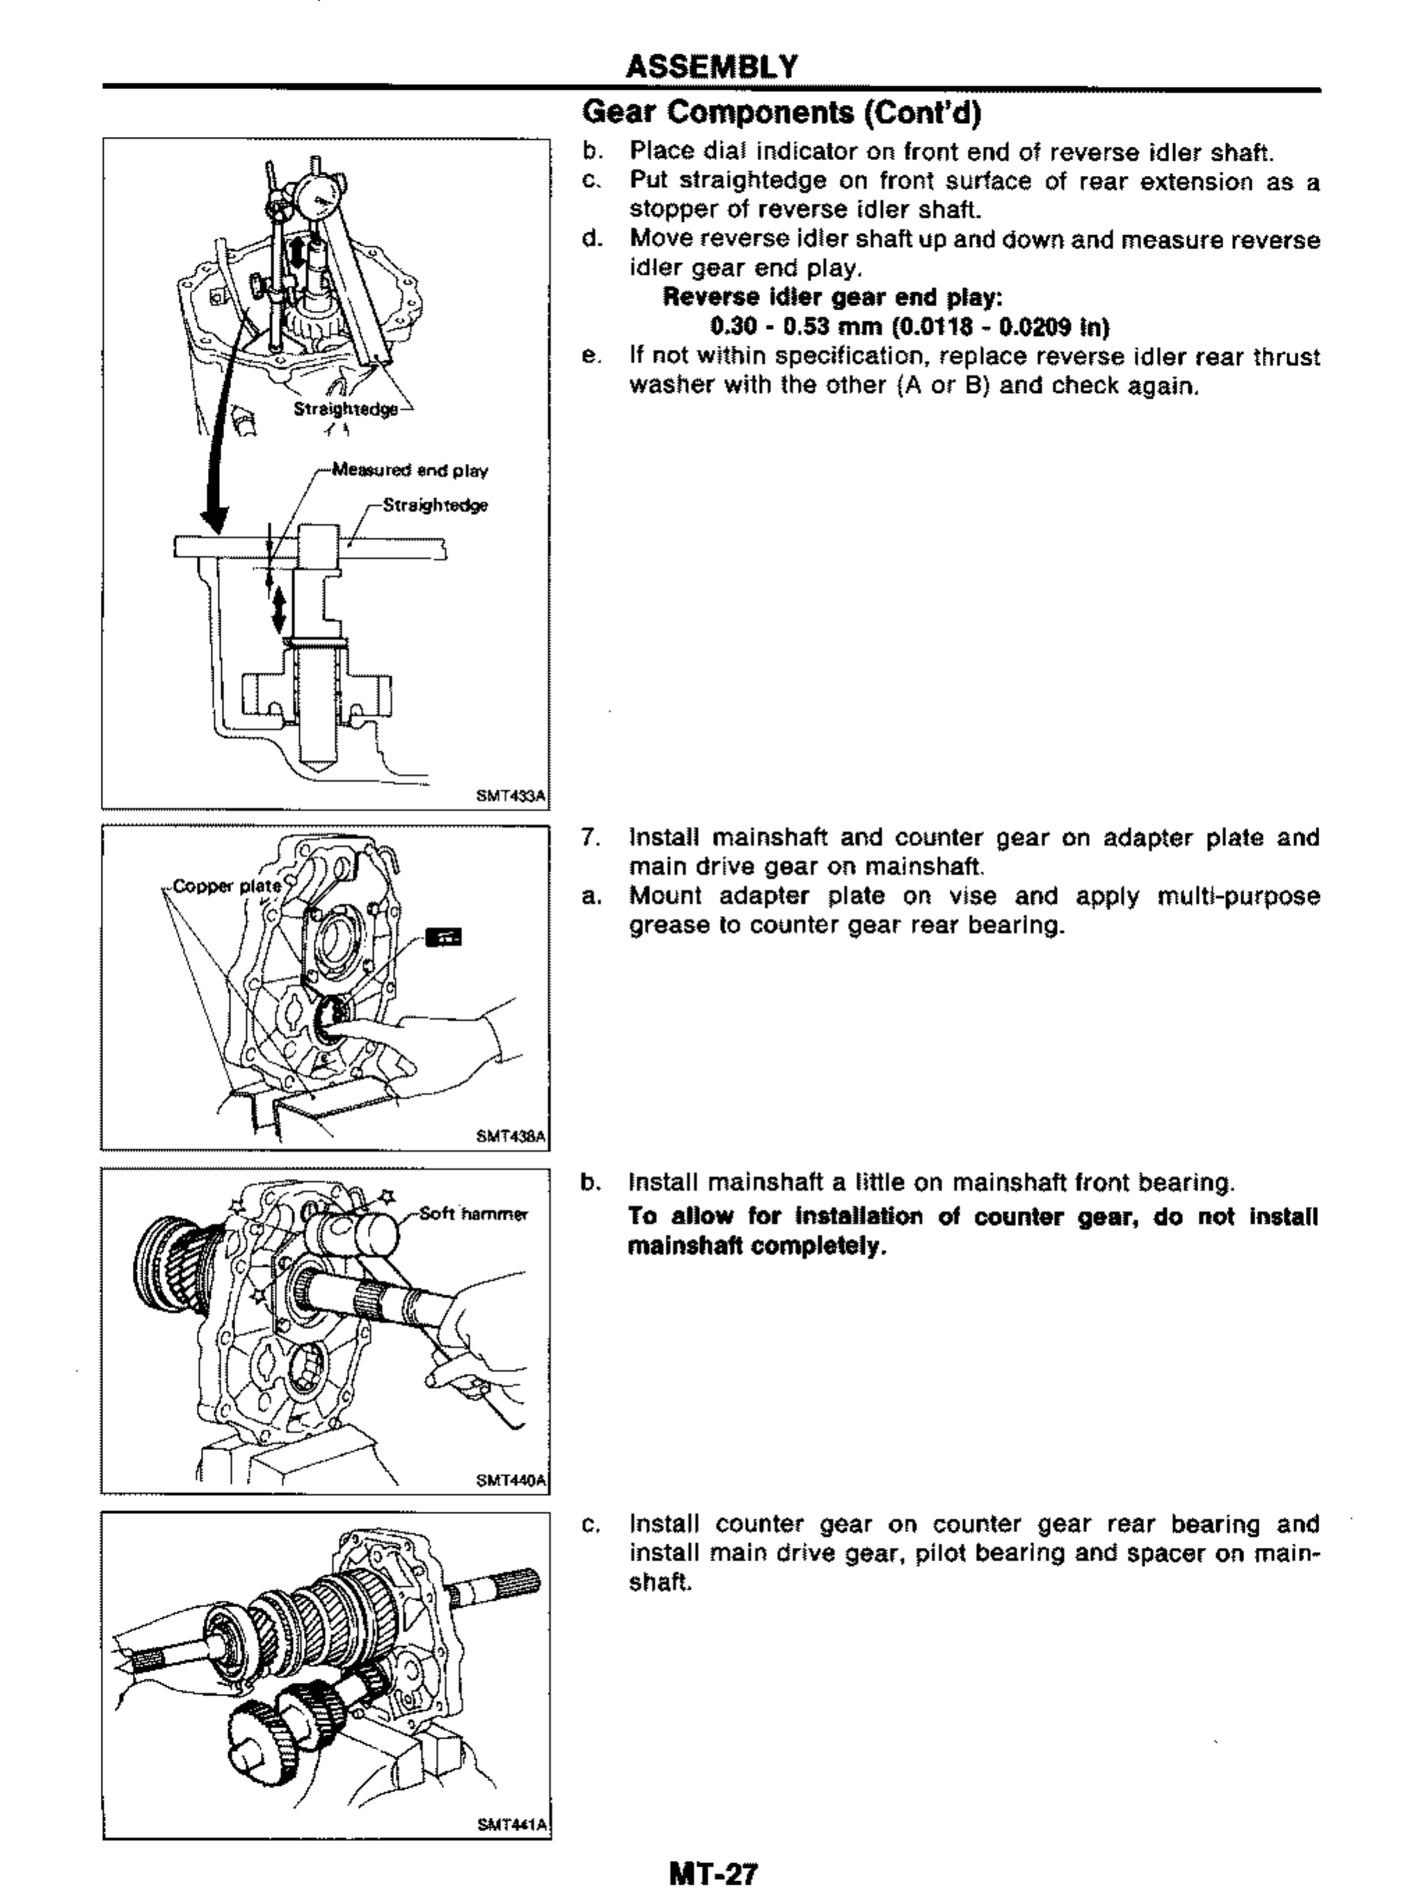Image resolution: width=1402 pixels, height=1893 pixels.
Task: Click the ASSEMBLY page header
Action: pos(711,66)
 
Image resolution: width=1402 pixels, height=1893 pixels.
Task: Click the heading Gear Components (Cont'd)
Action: pos(782,113)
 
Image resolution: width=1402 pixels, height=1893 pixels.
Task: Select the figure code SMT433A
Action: pos(511,797)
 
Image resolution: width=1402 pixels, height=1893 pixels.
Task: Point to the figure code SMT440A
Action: pos(511,1480)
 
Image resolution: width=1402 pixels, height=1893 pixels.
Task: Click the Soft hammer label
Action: pos(473,1214)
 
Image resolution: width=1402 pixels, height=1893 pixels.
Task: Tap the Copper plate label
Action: pos(227,886)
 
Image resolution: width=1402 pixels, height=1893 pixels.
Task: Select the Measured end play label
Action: pos(410,469)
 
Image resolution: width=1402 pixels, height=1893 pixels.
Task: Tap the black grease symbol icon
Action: pos(444,937)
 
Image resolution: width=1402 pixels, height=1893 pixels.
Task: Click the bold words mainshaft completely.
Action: pos(757,1246)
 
